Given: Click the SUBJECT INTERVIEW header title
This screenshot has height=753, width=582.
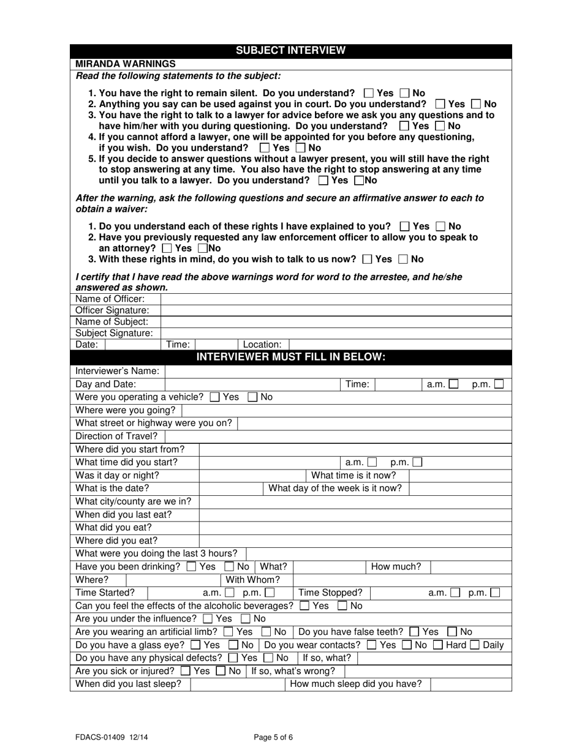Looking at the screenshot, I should [290, 51].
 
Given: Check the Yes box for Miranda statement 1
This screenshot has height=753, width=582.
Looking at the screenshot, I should [368, 94].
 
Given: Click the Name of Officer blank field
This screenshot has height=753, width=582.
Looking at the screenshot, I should [335, 299].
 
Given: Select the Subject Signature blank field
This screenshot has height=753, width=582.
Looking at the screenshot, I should [335, 333].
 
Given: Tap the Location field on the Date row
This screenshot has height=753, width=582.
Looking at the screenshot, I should [399, 345].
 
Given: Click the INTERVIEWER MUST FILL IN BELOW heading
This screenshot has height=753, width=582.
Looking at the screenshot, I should [290, 357].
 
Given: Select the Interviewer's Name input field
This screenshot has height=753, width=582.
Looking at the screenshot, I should [338, 371].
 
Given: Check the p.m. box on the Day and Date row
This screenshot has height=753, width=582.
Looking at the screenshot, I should [499, 384].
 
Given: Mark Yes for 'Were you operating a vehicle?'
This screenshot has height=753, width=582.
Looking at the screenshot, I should [214, 397].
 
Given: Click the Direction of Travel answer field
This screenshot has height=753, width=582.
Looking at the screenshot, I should [338, 436].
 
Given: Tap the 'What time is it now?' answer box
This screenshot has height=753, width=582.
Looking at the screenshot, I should [459, 475].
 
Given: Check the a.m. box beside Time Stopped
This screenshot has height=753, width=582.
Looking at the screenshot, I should [455, 593].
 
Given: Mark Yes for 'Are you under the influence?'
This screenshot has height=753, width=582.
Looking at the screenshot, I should [207, 618].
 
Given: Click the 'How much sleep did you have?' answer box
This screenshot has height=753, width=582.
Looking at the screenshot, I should [470, 684].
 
